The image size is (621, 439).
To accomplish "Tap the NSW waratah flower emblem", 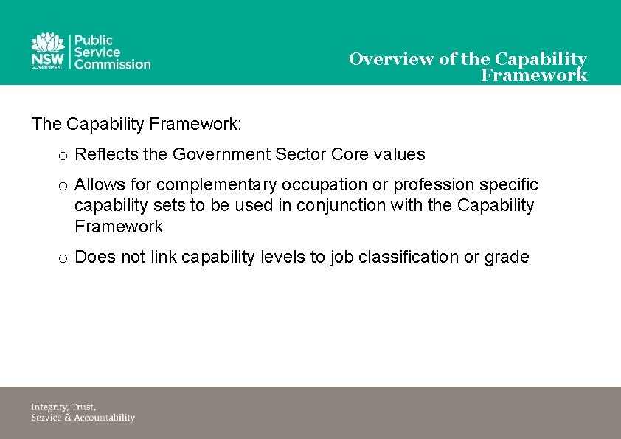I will (48, 44).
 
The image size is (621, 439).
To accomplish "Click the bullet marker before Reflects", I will (63, 156).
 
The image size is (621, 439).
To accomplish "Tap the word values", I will (399, 154).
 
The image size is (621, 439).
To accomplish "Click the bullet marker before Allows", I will (63, 185).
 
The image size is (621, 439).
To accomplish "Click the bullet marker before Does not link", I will (63, 258).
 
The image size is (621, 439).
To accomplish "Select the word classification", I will (405, 257).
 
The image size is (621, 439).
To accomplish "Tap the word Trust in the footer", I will (84, 407).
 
